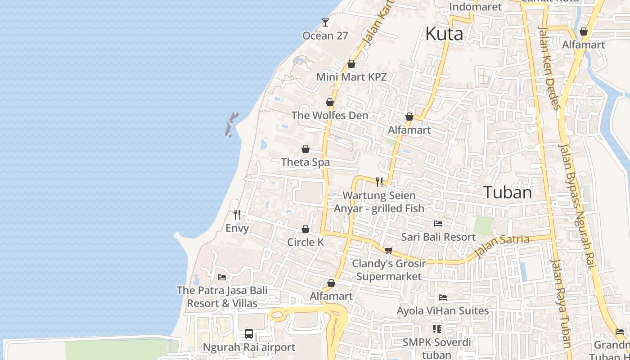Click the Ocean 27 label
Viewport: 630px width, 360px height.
click(x=325, y=36)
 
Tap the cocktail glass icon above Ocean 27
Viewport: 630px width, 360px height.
click(x=325, y=22)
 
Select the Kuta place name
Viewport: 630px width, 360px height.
click(x=444, y=34)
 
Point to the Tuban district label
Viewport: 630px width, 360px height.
click(x=508, y=193)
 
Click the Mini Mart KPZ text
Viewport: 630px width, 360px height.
click(x=351, y=77)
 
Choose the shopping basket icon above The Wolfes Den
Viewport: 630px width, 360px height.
click(x=330, y=102)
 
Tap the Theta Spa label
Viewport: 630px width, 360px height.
click(x=305, y=162)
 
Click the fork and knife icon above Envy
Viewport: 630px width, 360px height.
click(x=237, y=215)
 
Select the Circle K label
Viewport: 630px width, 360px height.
click(x=306, y=242)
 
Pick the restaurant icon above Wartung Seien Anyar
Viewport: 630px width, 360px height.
click(x=379, y=182)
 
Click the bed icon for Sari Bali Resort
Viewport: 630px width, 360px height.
click(x=438, y=224)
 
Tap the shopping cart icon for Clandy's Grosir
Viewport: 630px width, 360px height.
click(x=388, y=250)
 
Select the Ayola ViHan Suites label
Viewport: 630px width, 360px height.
click(x=442, y=310)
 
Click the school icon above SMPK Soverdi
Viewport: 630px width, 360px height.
click(x=436, y=329)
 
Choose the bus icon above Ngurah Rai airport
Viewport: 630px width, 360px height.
click(x=249, y=334)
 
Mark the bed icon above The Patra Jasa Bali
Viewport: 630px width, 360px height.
click(x=221, y=277)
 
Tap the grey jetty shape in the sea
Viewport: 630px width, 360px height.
click(x=231, y=124)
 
